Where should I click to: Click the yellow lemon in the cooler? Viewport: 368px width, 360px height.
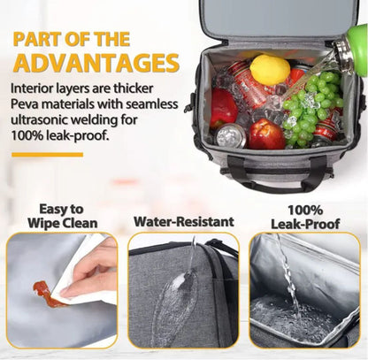(270, 70)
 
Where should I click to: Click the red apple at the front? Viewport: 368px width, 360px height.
(266, 134)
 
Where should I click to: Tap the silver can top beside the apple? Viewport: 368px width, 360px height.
(231, 135)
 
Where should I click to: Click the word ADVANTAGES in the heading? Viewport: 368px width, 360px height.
(96, 63)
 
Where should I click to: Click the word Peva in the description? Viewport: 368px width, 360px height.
(25, 104)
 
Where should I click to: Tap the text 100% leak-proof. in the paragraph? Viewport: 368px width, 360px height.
(59, 135)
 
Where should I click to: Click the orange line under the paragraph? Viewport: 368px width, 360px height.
(48, 155)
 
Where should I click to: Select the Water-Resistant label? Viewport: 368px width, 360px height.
(184, 222)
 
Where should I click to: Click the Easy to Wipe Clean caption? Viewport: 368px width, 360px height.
(63, 216)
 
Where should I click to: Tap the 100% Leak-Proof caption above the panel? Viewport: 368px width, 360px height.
(305, 218)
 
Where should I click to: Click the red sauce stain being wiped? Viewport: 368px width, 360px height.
(46, 292)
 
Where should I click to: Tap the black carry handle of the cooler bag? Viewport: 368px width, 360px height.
(274, 177)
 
